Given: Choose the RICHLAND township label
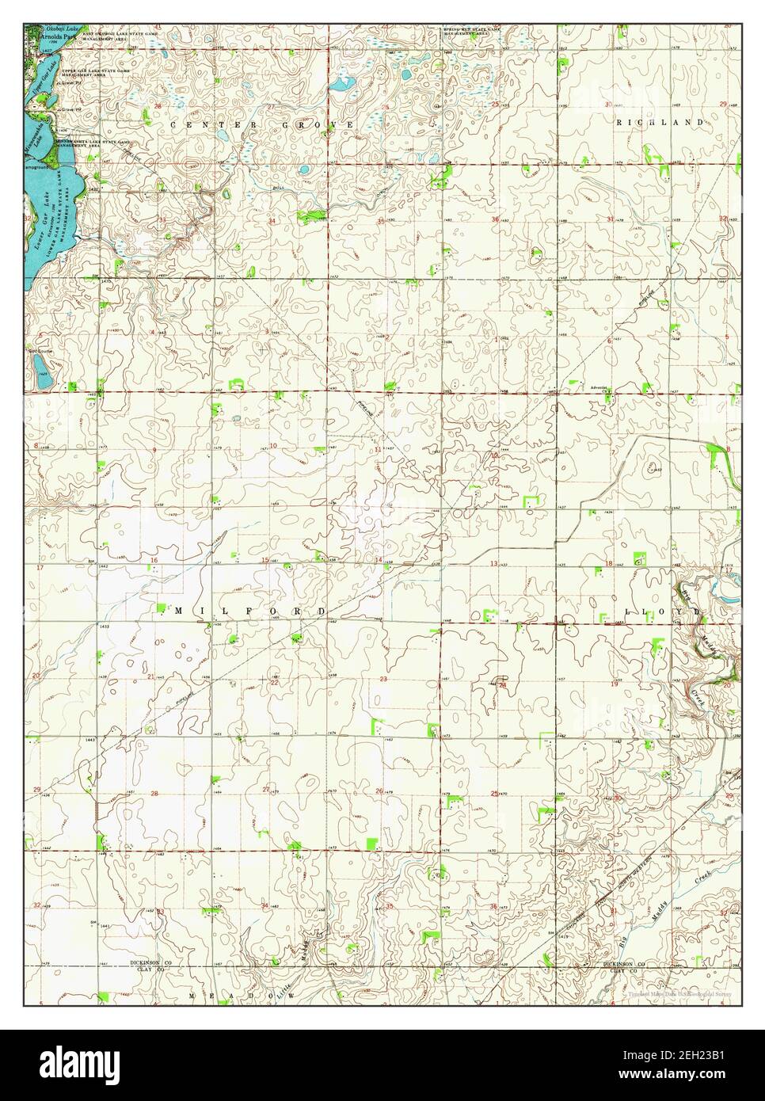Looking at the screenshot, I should (660, 122).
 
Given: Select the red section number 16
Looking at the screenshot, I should (155, 561).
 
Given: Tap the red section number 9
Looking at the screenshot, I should (154, 450).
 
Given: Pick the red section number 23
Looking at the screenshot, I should (383, 680).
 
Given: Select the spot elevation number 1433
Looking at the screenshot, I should (104, 626).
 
